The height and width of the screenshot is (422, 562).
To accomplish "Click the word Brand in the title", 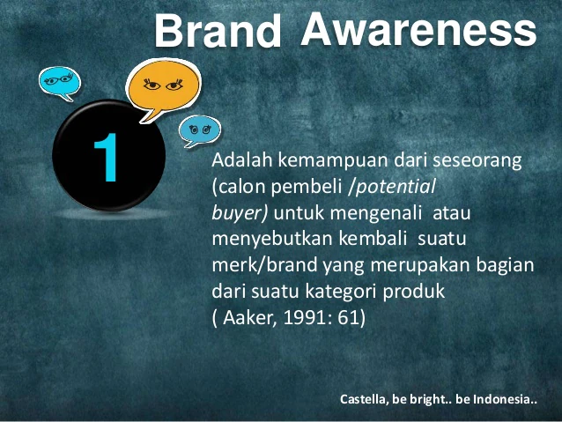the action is (x=218, y=30).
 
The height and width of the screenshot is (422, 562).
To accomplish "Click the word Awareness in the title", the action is (x=418, y=30).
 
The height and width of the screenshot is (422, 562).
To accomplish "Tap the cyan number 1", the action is (x=107, y=158).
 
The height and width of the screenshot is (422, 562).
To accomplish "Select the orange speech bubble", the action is (x=164, y=88).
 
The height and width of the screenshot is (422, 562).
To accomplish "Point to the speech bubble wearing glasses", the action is (x=60, y=83).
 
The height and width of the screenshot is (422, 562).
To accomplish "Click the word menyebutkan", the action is (x=272, y=240).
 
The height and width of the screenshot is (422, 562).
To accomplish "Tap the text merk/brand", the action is (x=265, y=265).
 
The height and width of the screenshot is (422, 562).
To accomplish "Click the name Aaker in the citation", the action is (x=248, y=318).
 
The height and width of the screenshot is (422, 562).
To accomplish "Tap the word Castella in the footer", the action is (x=363, y=399).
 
